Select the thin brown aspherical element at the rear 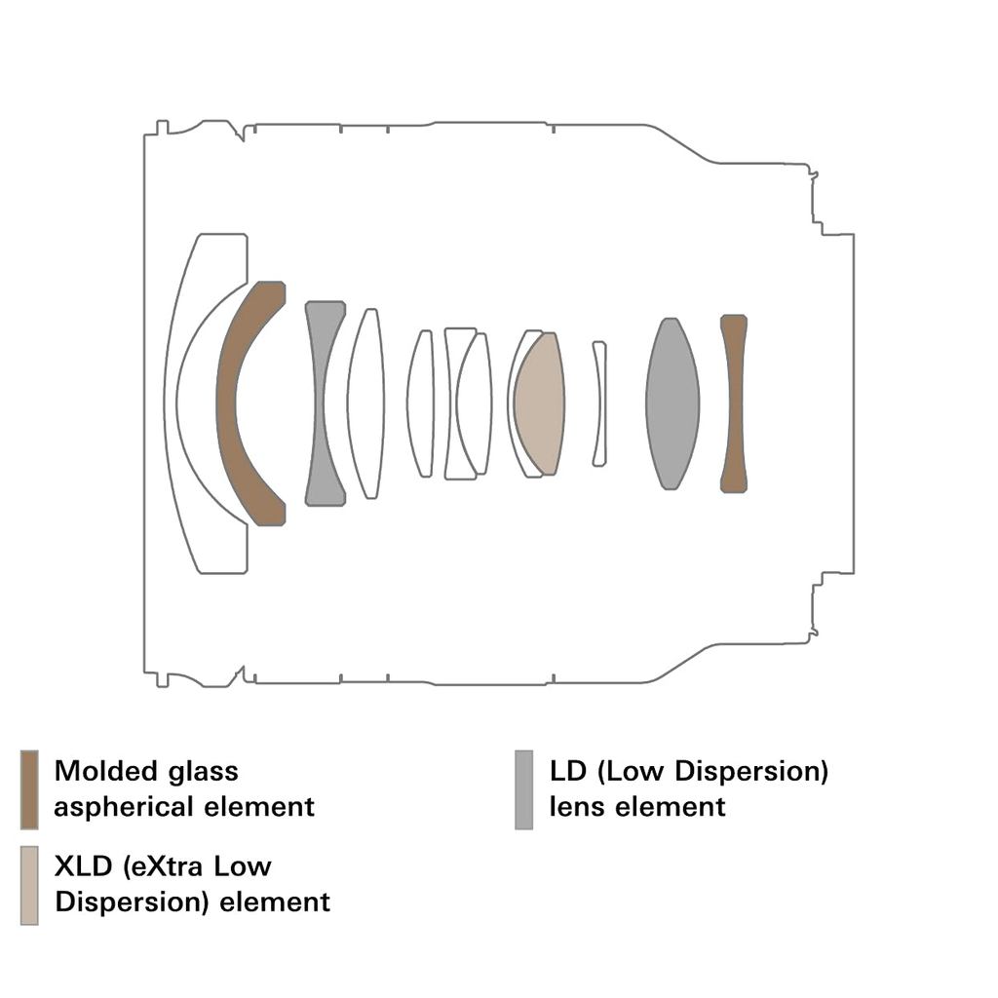point(733,403)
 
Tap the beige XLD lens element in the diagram point(540,403)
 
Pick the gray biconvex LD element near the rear point(672,403)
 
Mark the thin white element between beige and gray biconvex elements point(599,403)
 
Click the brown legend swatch point(29,788)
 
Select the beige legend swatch point(29,884)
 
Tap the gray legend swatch point(524,788)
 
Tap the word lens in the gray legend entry point(577,807)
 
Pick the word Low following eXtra point(249,865)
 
